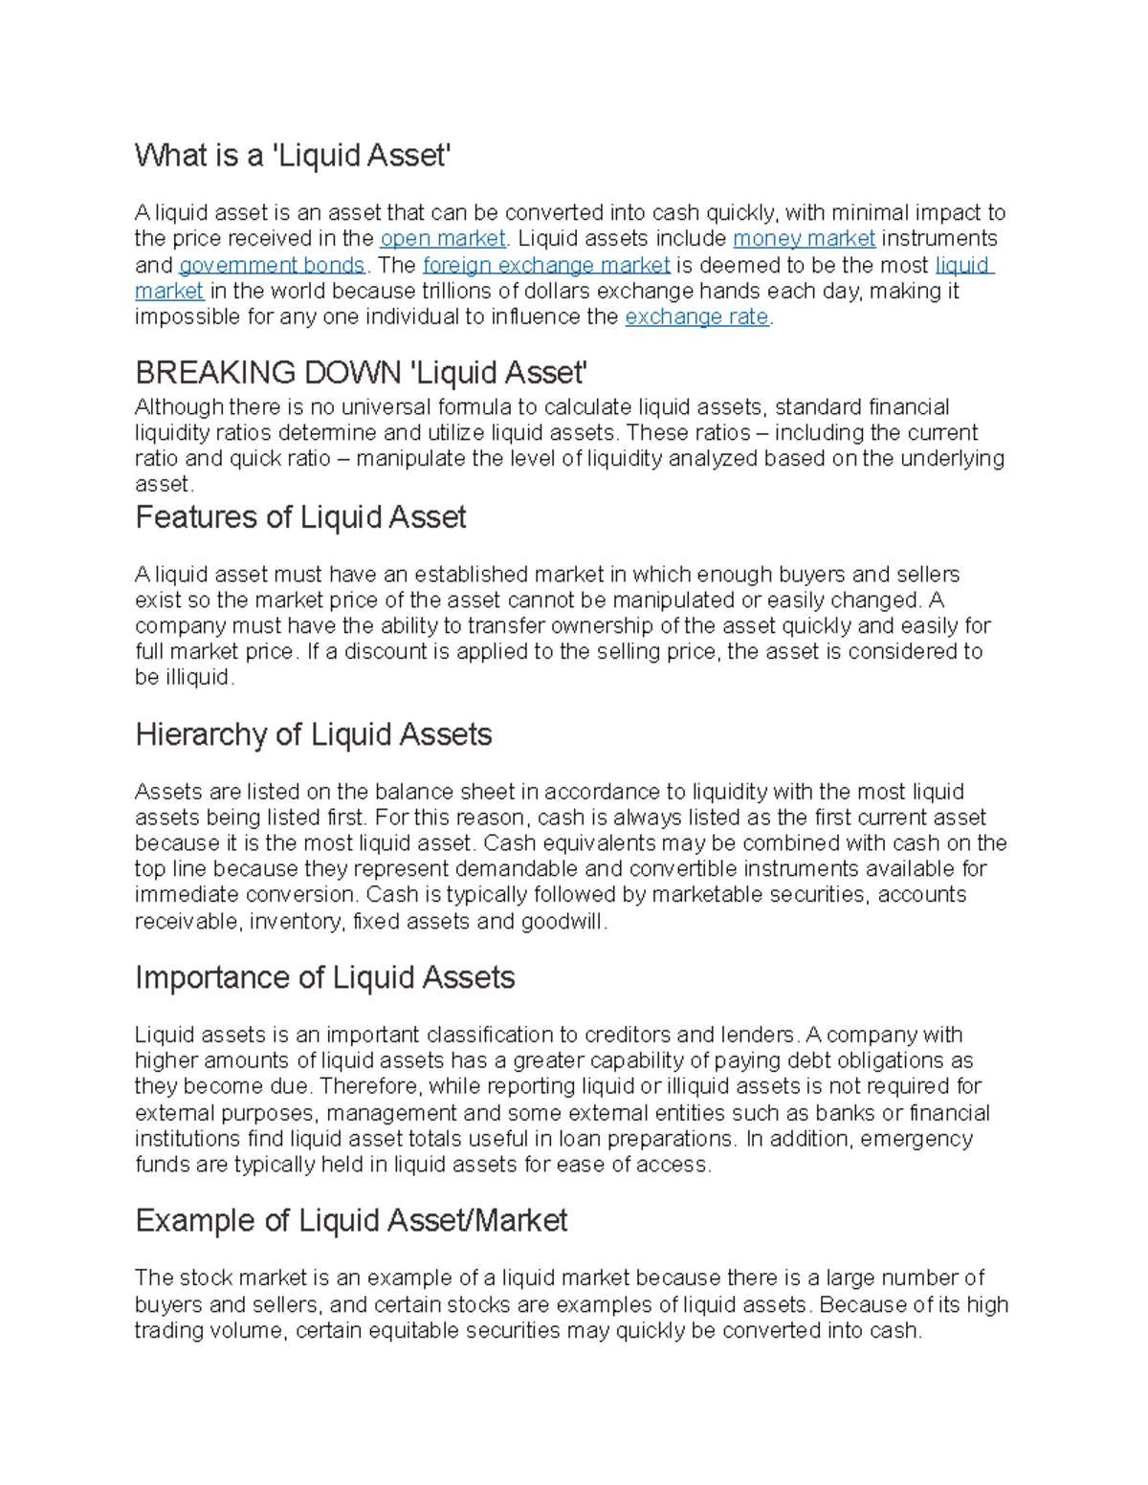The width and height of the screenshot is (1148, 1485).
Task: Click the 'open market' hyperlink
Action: [x=442, y=239]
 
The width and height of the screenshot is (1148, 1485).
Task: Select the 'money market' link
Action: [x=804, y=239]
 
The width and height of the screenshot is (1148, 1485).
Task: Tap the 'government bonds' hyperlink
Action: [x=272, y=265]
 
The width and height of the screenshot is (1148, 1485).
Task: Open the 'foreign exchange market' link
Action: [x=546, y=265]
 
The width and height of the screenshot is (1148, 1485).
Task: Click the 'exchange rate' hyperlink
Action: [x=696, y=317]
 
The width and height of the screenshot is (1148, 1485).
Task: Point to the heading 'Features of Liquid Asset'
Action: [x=300, y=517]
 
